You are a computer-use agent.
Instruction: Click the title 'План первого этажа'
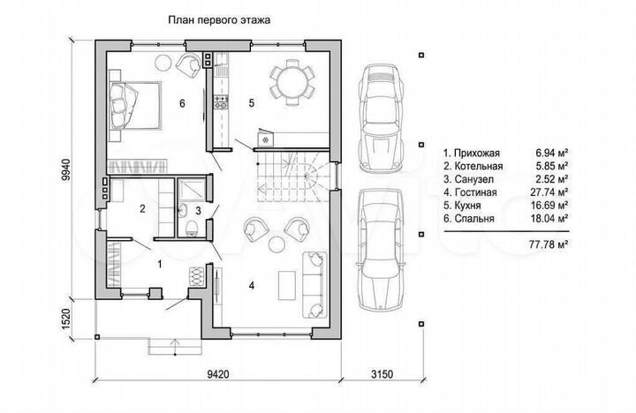click(219, 20)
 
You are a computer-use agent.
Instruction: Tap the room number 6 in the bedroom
click(182, 103)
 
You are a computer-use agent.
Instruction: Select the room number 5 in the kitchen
click(252, 103)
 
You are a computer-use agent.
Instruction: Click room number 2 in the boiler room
click(142, 209)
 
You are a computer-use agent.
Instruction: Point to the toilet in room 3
click(191, 229)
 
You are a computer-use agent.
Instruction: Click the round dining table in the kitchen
click(292, 82)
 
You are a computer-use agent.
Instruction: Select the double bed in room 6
click(134, 106)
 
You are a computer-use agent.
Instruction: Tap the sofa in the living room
click(314, 285)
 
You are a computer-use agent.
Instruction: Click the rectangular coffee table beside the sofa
click(287, 285)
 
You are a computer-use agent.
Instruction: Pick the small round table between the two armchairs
click(277, 244)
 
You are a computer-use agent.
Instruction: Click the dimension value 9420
click(218, 373)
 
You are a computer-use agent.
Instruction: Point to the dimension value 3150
click(382, 373)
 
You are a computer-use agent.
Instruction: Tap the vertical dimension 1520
click(67, 319)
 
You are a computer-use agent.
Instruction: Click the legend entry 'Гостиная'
click(476, 192)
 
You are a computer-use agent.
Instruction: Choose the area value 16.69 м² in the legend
click(549, 205)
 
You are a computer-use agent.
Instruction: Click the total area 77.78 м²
click(548, 244)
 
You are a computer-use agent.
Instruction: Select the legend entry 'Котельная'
click(479, 166)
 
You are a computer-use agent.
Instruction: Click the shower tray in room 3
click(192, 190)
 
